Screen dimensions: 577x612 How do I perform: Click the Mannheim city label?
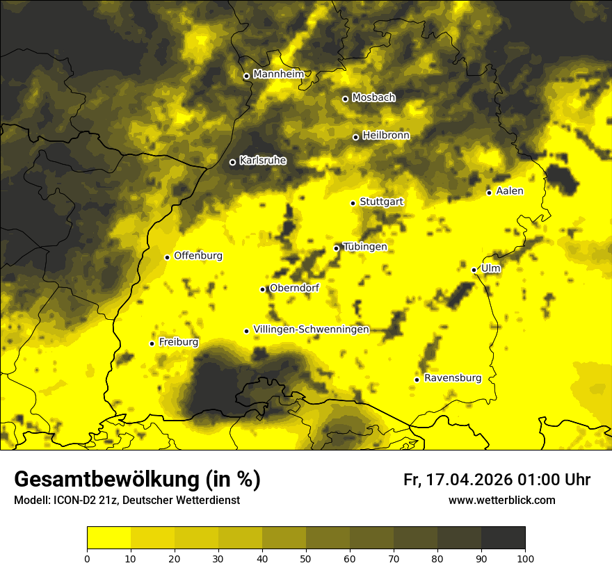tap(278, 74)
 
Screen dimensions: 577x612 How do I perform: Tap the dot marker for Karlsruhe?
tap(232, 163)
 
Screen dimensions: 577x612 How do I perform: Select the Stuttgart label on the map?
tap(381, 202)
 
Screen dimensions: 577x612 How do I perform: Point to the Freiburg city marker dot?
tap(152, 343)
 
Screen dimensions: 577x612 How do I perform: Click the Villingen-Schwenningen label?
tap(311, 330)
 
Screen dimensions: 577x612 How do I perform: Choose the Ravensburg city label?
tap(452, 378)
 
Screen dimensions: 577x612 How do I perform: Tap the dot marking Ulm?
tap(474, 270)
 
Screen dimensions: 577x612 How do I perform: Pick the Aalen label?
tap(510, 191)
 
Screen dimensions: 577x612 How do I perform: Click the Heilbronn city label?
tap(386, 136)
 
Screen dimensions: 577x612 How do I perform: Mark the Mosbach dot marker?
tap(345, 99)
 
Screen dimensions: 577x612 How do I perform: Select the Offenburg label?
tap(198, 256)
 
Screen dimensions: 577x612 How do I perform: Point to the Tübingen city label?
tap(365, 247)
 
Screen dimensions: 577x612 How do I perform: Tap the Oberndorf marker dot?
tap(262, 289)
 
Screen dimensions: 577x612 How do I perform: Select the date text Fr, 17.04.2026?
tap(457, 480)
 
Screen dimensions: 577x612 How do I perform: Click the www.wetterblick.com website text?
tap(501, 500)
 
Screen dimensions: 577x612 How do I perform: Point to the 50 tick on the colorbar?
tap(306, 558)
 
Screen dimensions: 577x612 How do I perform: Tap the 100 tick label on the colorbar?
tap(525, 558)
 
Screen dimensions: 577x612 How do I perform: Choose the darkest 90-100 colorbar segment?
tap(503, 537)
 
